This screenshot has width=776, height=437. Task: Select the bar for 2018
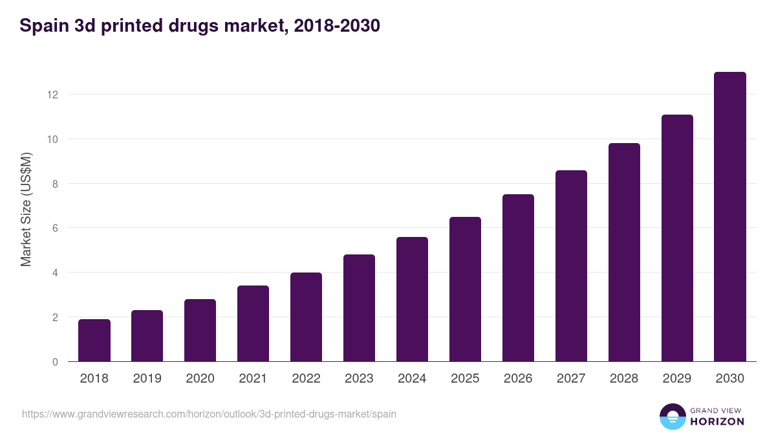94,341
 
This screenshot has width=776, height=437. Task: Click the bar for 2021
253,324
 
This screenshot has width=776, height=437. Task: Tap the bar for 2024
412,299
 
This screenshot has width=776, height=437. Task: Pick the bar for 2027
571,266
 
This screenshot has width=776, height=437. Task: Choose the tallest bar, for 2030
730,217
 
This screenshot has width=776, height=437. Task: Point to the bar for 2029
677,238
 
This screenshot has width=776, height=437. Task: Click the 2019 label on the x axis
147,379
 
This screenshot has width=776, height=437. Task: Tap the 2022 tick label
307,379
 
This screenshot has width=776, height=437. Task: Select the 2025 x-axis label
466,379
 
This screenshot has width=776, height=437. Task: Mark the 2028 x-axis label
624,379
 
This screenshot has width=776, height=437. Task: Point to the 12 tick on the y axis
52,95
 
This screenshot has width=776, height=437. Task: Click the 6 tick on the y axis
55,228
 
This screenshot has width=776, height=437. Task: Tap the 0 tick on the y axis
55,362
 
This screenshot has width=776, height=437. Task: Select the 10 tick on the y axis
52,139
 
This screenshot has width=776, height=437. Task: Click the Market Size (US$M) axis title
26,209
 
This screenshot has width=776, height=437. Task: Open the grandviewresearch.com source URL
209,414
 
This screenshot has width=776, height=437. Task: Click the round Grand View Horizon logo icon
673,416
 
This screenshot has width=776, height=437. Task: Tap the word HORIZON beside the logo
717,421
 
